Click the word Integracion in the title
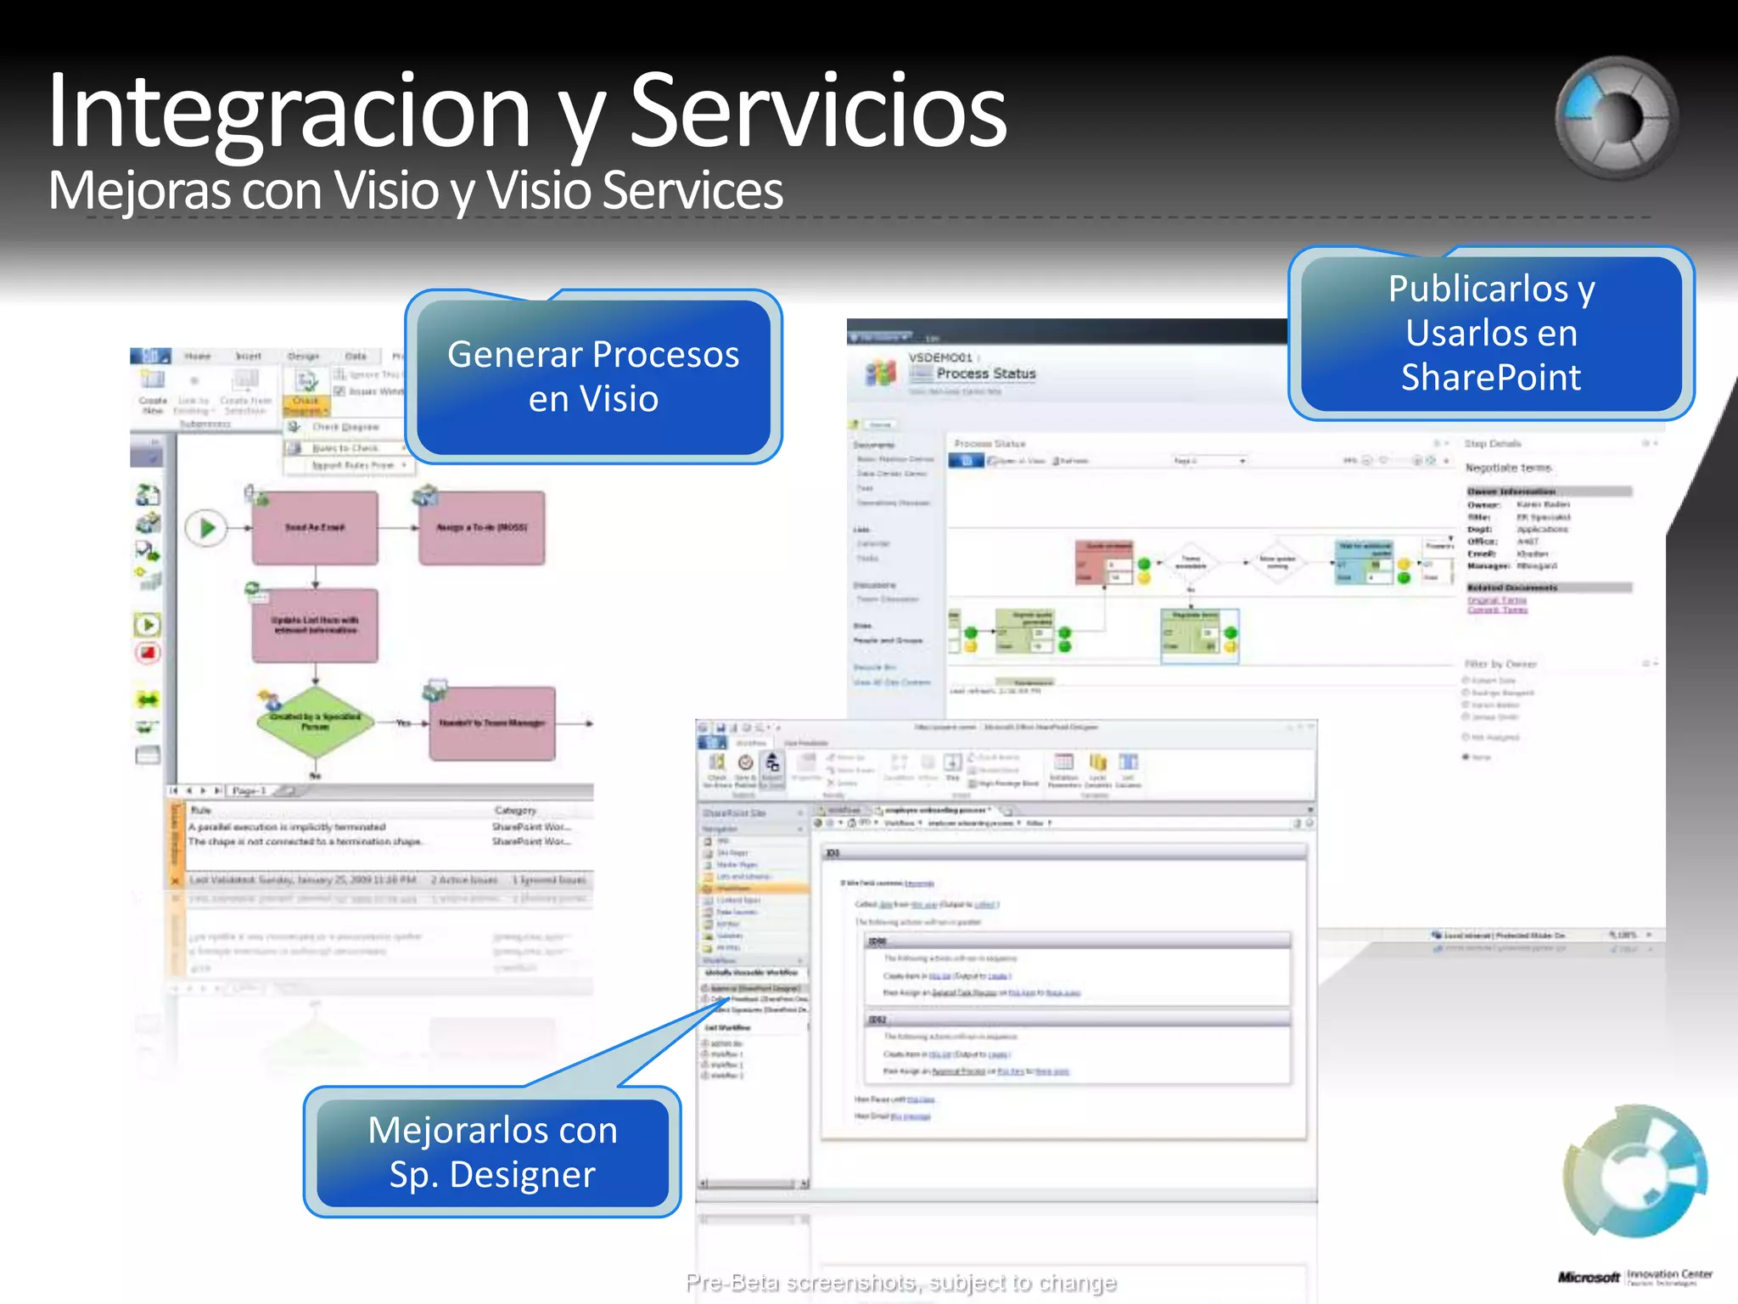click(x=289, y=112)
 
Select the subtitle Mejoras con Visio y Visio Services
click(x=415, y=190)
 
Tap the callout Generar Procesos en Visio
click(x=593, y=376)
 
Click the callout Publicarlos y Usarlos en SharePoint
click(x=1491, y=333)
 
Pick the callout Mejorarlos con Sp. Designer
click(x=492, y=1152)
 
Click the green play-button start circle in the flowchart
click(x=206, y=528)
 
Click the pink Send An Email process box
click(x=315, y=528)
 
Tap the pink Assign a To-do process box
click(x=481, y=528)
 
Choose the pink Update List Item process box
click(x=315, y=626)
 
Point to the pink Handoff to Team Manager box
click(x=492, y=723)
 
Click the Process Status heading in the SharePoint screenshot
click(x=985, y=374)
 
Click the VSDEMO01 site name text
click(x=940, y=357)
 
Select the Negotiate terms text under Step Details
click(x=1508, y=468)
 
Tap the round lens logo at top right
click(x=1616, y=118)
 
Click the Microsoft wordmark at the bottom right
click(x=1589, y=1277)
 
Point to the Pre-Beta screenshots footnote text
click(x=900, y=1282)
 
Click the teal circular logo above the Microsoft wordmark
click(x=1634, y=1172)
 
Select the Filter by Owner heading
click(x=1500, y=664)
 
